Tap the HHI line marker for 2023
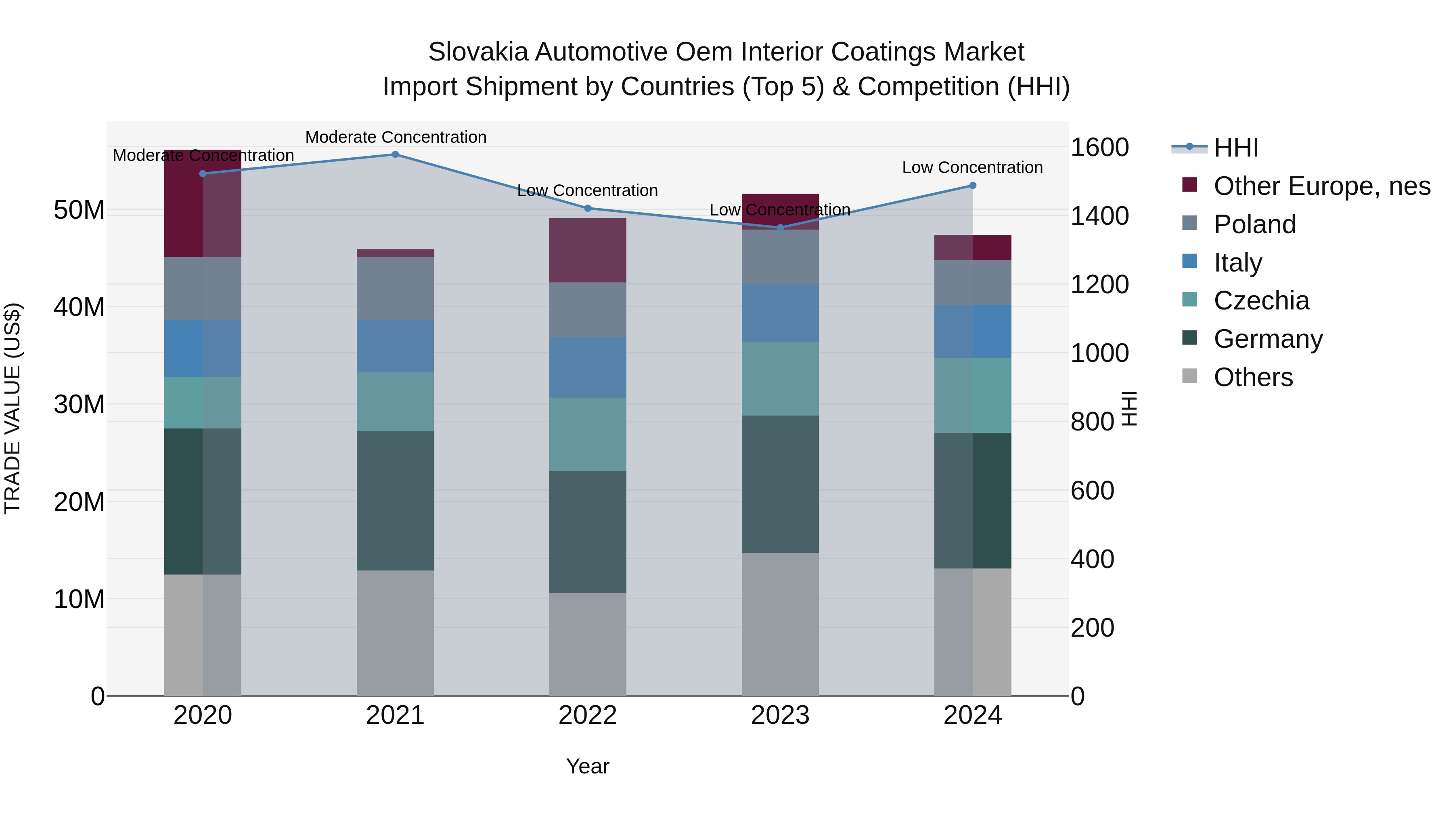(x=780, y=228)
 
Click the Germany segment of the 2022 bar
(x=587, y=532)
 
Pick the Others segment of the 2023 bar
(x=780, y=624)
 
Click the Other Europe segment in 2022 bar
(x=587, y=250)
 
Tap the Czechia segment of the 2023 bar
(x=780, y=378)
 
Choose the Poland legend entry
(x=1254, y=224)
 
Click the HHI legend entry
(x=1235, y=148)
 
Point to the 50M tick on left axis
(x=79, y=210)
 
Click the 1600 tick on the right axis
(x=1099, y=148)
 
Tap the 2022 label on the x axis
(x=587, y=715)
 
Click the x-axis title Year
(x=587, y=766)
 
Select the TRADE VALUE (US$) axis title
(x=13, y=408)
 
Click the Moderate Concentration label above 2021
(x=396, y=137)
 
